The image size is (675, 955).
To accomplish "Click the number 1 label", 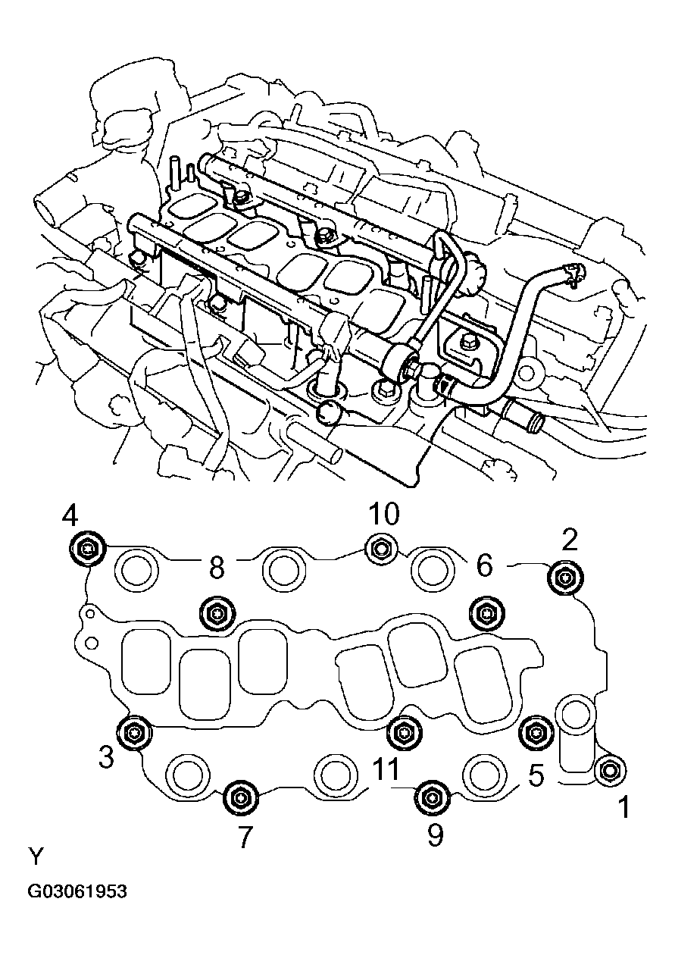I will (623, 808).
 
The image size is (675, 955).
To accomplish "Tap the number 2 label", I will (570, 540).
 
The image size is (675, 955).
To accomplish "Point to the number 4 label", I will (70, 517).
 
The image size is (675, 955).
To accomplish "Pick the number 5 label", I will (536, 775).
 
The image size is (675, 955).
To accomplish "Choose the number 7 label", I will (244, 836).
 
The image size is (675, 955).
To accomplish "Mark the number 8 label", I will (217, 568).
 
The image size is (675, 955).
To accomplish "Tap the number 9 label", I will (434, 834).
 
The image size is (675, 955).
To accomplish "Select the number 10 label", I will (383, 515).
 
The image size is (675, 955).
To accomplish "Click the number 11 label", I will (386, 770).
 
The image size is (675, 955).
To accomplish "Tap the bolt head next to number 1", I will (609, 770).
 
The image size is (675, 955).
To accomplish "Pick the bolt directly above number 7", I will (241, 797).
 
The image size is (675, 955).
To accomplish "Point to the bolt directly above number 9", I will (431, 797).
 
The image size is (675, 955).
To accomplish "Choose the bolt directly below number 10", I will (380, 548).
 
